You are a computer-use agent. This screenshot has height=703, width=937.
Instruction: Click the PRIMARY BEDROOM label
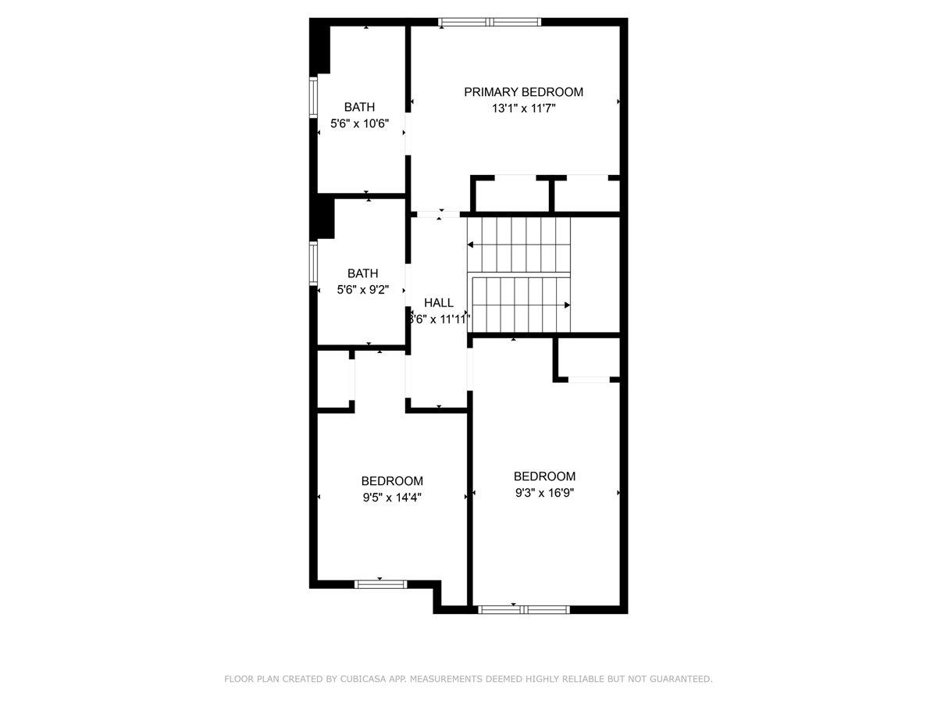coord(523,92)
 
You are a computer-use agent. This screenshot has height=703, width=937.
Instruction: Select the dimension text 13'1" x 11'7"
coord(523,109)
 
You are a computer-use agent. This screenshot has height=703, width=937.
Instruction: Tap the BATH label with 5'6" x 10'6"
coord(359,107)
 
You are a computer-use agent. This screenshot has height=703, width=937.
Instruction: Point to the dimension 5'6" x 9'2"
coord(362,290)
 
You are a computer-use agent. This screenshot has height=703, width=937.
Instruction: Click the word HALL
coord(439,302)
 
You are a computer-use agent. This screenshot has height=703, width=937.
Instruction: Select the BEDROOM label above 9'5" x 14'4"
coord(392,481)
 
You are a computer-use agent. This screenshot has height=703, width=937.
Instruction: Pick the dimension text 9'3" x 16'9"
coord(544,493)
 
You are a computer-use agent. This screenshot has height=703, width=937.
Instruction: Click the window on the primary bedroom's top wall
coord(489,22)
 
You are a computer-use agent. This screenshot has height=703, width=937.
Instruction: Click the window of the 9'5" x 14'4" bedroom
coord(381,583)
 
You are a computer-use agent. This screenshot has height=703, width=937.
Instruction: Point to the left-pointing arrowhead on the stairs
coord(471,245)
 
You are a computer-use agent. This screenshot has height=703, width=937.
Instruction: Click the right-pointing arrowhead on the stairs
coord(568,305)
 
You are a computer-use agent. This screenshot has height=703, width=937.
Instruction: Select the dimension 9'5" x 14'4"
coord(392,498)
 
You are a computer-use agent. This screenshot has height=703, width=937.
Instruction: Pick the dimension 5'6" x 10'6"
coord(359,123)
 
